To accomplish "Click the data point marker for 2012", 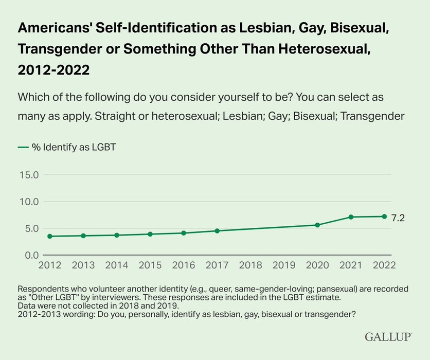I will coord(49,236).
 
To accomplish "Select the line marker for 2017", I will coord(217,231).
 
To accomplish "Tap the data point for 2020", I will coord(317,225).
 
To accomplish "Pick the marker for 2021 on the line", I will coord(351,217).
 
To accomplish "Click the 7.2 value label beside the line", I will coord(398,218).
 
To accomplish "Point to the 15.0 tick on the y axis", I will coord(29,175).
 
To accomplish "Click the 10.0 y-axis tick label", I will coord(29,202).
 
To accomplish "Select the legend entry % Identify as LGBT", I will coord(67,147).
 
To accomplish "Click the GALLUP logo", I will coord(388,337).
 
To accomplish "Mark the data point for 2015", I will coord(150,234).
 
